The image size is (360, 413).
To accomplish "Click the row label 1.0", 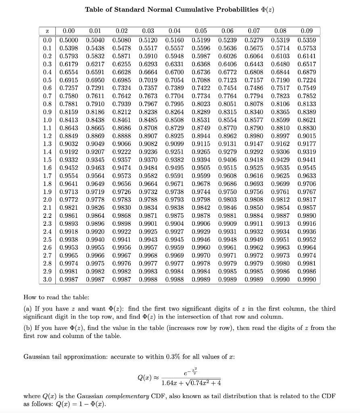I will [47, 120].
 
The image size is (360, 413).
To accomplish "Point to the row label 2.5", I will [47, 240].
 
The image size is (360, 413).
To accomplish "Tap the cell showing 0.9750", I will [227, 192].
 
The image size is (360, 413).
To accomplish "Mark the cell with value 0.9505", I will [201, 168].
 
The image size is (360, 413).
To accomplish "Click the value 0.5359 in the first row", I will [306, 40].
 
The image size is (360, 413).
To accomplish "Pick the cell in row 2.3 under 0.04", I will [174, 224].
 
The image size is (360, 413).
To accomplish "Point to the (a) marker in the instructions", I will [28, 309].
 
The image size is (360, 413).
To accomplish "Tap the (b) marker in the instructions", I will [28, 328].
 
